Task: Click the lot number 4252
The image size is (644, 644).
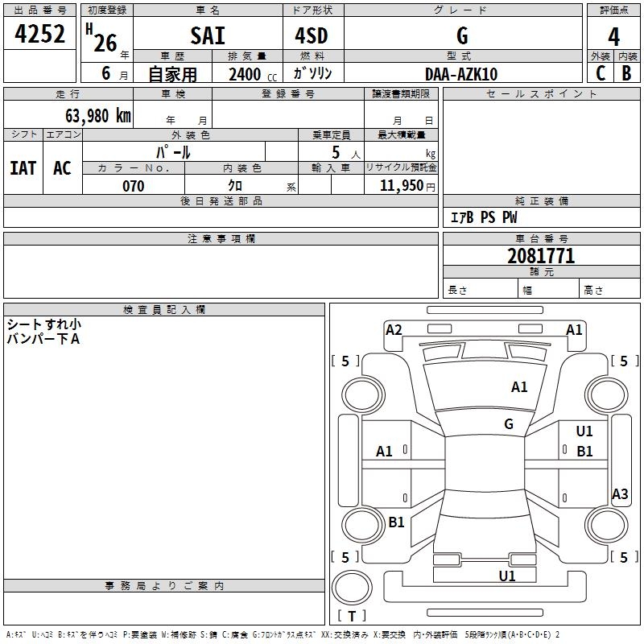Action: pyautogui.click(x=39, y=34)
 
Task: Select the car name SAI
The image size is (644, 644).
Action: pyautogui.click(x=208, y=35)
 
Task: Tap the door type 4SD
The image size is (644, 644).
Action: pyautogui.click(x=312, y=35)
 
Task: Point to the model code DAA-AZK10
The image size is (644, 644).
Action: pyautogui.click(x=461, y=74)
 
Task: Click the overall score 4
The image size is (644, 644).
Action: pyautogui.click(x=613, y=36)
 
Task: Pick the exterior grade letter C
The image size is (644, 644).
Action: pyautogui.click(x=601, y=73)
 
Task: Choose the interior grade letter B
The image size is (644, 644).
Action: pyautogui.click(x=626, y=73)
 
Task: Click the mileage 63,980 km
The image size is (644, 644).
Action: pyautogui.click(x=98, y=116)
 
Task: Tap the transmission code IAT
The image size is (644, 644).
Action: pyautogui.click(x=23, y=168)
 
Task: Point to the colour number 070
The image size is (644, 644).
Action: pyautogui.click(x=134, y=186)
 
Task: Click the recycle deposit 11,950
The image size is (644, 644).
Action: pyautogui.click(x=402, y=186)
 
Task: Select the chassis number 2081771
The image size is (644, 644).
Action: pyautogui.click(x=541, y=256)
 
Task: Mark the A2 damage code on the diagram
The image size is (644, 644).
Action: pyautogui.click(x=394, y=330)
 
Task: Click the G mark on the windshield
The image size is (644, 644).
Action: pyautogui.click(x=509, y=423)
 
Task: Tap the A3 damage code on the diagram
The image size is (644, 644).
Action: pyautogui.click(x=620, y=493)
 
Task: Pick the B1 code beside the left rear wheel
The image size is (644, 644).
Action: pyautogui.click(x=396, y=522)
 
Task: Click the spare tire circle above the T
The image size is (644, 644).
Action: pyautogui.click(x=352, y=587)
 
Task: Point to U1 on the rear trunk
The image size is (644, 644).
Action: pyautogui.click(x=507, y=576)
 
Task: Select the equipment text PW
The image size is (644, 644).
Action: pyautogui.click(x=510, y=217)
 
